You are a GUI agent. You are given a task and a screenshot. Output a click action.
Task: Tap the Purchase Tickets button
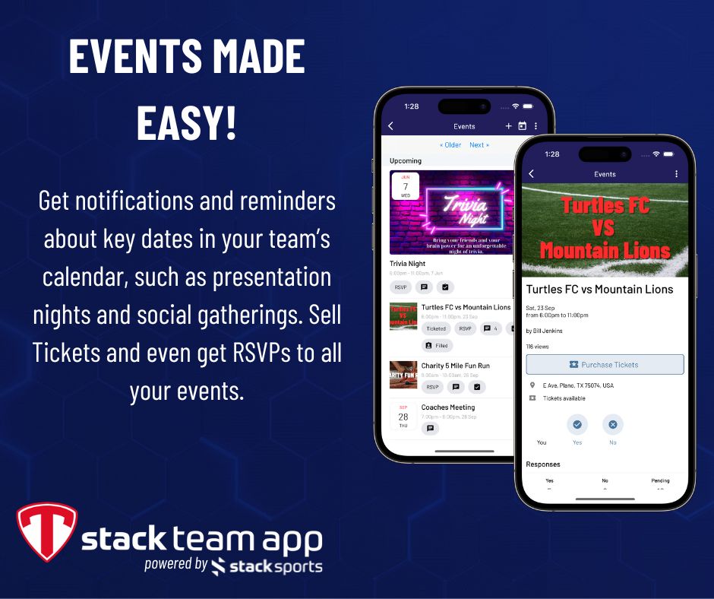[x=605, y=365]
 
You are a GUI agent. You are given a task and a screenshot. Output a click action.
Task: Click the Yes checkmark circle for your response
[x=577, y=424]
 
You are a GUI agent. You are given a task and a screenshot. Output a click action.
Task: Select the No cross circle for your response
[x=612, y=424]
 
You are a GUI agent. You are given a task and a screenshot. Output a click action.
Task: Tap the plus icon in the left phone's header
[x=508, y=126]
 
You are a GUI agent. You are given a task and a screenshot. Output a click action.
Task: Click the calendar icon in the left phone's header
[x=522, y=126]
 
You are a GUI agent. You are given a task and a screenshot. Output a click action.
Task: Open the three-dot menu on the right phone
[x=676, y=174]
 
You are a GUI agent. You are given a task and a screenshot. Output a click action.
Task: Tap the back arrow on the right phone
[x=531, y=174]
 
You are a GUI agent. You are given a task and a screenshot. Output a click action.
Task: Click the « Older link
[x=450, y=144]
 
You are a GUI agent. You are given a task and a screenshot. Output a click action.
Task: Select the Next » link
[x=479, y=144]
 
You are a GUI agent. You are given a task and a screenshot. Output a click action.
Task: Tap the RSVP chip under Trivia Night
[x=401, y=287]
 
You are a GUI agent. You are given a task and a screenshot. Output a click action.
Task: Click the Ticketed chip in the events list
[x=436, y=328]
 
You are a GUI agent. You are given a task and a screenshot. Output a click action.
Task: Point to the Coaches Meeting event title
[x=447, y=407]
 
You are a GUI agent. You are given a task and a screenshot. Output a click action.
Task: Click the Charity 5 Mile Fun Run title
[x=455, y=366]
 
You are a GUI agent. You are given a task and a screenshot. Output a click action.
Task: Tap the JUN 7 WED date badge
[x=405, y=185]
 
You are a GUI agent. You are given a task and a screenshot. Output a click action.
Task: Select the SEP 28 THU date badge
[x=403, y=417]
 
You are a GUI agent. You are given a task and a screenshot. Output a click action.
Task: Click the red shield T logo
[x=46, y=531]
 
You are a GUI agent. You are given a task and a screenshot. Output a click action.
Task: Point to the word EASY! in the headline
[x=186, y=123]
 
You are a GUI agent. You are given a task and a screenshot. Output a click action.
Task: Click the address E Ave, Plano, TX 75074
[x=578, y=385]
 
